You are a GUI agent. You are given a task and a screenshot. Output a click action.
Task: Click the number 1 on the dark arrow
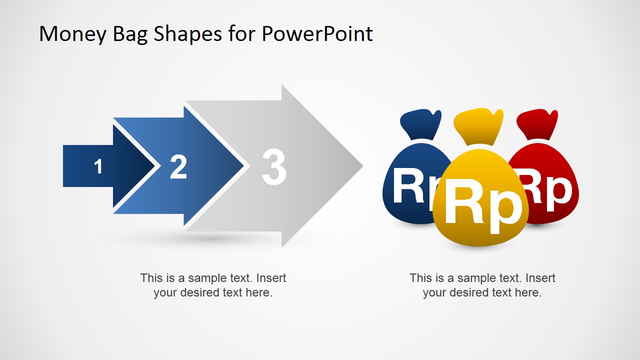click(98, 166)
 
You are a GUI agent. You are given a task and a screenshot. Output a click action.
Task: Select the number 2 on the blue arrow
click(178, 167)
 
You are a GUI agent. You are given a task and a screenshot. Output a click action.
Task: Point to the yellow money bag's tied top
click(478, 125)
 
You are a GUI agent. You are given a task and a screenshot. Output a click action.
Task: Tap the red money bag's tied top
click(537, 123)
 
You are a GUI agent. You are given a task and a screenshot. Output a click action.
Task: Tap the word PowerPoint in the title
click(317, 34)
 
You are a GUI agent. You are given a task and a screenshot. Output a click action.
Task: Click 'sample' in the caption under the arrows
click(207, 278)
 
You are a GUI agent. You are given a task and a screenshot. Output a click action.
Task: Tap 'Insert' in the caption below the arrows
click(271, 278)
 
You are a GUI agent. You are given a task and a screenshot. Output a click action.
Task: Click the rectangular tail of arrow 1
click(80, 166)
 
